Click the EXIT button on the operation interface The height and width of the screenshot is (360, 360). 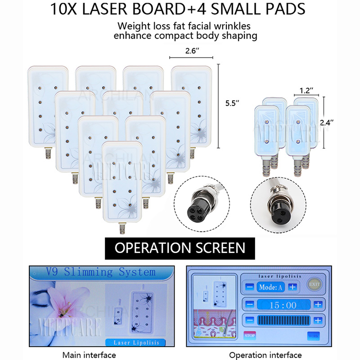coord(314,284)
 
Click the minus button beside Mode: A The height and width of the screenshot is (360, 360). coord(250,287)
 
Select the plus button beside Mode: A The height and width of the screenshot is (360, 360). coord(292,287)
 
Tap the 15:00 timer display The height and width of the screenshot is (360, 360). coord(283,305)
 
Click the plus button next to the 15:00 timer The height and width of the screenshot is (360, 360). coord(318,305)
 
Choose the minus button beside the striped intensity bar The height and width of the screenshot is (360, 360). coord(250,321)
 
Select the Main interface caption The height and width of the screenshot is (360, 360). coord(89,355)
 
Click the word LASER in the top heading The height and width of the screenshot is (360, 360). coord(117,9)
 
